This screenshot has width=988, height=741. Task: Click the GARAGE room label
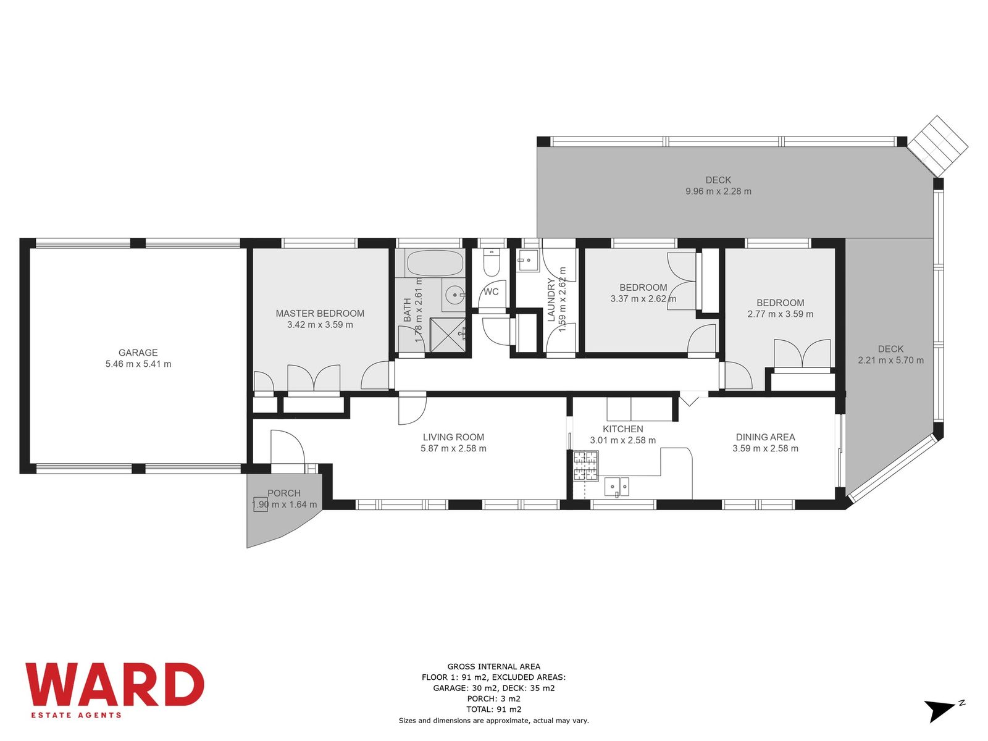click(138, 353)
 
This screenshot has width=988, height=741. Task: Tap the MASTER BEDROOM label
click(320, 314)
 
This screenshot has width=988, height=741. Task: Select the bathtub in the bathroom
click(434, 264)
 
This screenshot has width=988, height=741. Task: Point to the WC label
click(491, 292)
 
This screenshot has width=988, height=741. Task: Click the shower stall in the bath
click(448, 335)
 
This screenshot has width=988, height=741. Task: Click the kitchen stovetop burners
click(585, 466)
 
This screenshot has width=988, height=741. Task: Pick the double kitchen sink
click(617, 487)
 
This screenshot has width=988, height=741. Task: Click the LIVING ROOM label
click(453, 437)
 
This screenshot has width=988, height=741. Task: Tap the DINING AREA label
click(765, 437)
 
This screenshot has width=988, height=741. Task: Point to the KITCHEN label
click(623, 429)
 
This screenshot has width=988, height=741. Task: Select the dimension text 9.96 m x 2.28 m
click(718, 191)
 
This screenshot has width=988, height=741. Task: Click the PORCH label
click(284, 493)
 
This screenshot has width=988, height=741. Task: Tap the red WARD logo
click(114, 685)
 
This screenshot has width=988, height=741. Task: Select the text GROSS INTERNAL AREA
click(494, 667)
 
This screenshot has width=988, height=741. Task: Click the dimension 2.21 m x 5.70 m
click(891, 361)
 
